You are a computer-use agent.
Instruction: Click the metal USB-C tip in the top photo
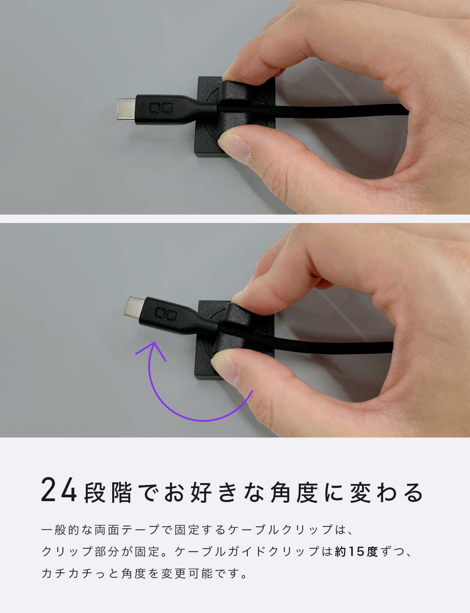(126, 109)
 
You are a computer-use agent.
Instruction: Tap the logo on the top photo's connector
(161, 108)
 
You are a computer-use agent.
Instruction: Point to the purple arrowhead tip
(154, 342)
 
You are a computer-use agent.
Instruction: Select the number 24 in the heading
(59, 490)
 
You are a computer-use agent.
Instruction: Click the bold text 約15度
(356, 552)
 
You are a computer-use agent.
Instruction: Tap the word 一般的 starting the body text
(61, 530)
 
